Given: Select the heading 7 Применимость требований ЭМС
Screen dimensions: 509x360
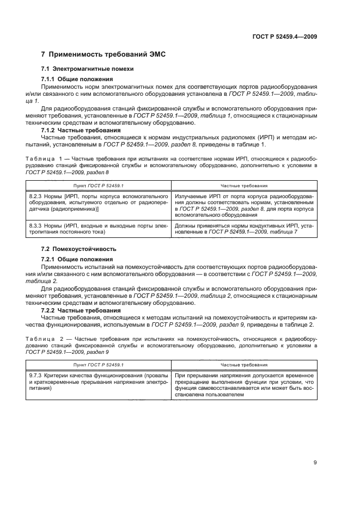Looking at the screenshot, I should [x=103, y=54].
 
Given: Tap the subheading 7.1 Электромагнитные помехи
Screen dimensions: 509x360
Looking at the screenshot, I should [x=88, y=69].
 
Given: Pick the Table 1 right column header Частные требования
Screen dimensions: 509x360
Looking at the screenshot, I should [x=243, y=186].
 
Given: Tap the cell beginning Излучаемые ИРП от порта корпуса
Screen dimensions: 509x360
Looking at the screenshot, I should [x=243, y=205].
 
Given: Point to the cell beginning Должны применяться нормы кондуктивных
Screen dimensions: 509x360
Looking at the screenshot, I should [x=243, y=228].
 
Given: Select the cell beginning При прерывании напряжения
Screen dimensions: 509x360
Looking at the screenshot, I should [x=243, y=385].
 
